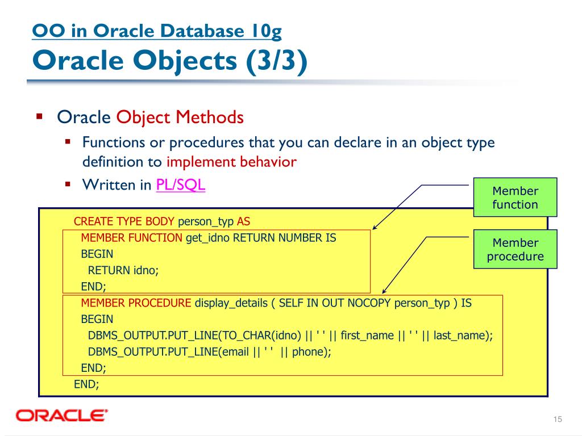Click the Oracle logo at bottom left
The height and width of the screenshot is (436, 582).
click(x=62, y=416)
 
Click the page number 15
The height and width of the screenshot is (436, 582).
click(x=557, y=419)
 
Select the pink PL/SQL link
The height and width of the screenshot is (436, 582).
click(x=180, y=185)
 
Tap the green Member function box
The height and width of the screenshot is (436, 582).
click(x=515, y=198)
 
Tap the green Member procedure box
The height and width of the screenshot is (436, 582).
click(x=515, y=250)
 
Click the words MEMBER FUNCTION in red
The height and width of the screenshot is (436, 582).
click(x=131, y=238)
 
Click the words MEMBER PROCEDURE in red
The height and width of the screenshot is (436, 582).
click(x=136, y=303)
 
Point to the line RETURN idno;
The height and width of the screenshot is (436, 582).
click(x=123, y=270)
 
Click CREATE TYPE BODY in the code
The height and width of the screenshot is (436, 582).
click(x=124, y=221)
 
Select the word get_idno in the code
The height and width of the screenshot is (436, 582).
click(x=207, y=238)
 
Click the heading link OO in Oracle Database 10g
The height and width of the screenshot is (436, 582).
click(x=157, y=31)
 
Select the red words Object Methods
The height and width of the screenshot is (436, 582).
click(x=180, y=118)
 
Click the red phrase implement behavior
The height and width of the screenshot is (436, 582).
click(x=231, y=162)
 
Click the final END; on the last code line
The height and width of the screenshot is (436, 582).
click(x=86, y=384)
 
